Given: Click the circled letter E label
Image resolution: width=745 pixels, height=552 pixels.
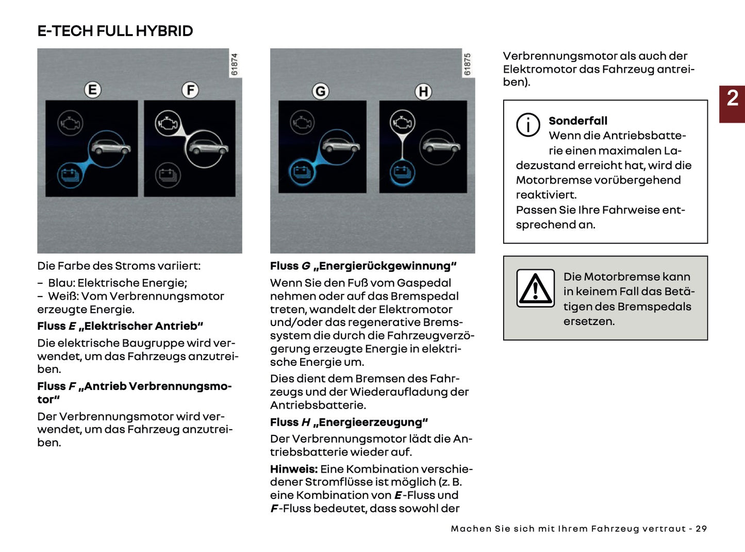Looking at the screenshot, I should click(x=93, y=90).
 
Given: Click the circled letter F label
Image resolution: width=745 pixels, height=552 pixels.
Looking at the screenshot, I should click(x=190, y=90).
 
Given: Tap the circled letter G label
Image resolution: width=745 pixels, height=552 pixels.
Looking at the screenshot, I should click(x=321, y=91).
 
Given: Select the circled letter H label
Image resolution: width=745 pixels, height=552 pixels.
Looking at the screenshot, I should click(x=423, y=92).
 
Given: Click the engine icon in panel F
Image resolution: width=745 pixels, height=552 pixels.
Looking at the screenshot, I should click(x=168, y=123).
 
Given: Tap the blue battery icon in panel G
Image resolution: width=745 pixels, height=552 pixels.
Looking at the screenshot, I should click(x=302, y=172).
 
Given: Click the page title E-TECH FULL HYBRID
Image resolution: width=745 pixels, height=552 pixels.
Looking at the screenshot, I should click(x=115, y=31).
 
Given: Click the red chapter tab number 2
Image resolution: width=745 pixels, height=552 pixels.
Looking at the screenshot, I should click(x=732, y=99).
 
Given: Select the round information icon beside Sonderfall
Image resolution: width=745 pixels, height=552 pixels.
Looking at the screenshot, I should click(x=528, y=125).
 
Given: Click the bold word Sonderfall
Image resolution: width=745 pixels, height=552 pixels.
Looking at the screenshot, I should click(x=577, y=121).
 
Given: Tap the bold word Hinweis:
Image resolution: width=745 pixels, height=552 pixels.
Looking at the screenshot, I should click(x=293, y=469).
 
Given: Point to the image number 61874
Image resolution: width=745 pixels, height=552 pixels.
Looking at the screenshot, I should click(x=235, y=64).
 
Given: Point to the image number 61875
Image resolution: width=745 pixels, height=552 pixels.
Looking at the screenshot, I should click(x=468, y=64).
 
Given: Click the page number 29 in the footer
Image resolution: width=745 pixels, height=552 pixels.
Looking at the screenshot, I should click(x=701, y=529).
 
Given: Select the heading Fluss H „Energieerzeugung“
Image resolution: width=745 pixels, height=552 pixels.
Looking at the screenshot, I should click(x=349, y=422).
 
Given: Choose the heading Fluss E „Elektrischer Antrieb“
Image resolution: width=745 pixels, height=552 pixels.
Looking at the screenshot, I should click(x=120, y=326).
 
